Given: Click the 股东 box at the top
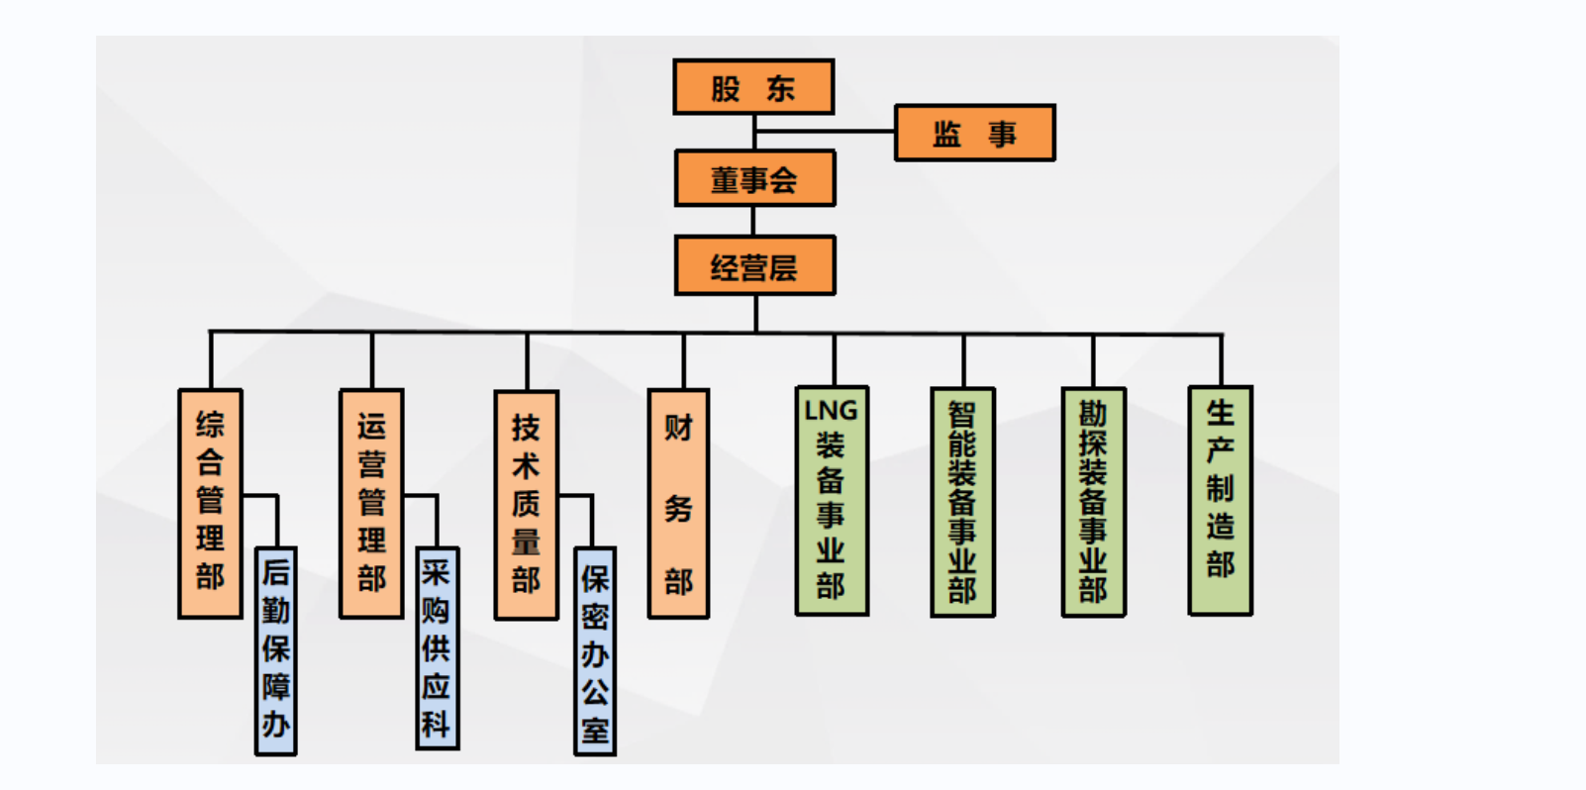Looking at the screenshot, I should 753,87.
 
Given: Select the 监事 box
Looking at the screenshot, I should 974,133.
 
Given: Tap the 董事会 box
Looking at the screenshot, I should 754,179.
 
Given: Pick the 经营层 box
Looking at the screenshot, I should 754,265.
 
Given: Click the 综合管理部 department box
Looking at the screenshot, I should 210,503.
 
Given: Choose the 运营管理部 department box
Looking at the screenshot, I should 371,503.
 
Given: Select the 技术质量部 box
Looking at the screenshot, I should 526,505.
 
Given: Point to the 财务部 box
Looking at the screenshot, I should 678,503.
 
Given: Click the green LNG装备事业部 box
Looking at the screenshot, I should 832,501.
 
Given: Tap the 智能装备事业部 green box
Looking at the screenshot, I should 962,502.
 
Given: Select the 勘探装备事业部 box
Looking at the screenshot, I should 1093,502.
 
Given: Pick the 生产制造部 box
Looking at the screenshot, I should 1220,500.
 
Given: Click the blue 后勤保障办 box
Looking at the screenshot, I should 275,650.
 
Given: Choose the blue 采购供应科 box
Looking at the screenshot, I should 437,648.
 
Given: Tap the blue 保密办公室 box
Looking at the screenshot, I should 595,651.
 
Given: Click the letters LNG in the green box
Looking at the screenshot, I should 831,410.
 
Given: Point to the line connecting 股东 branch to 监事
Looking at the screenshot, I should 825,130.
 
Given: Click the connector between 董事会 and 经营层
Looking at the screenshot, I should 754,221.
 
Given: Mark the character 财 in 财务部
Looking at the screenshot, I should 678,428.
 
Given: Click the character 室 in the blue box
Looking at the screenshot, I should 595,731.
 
